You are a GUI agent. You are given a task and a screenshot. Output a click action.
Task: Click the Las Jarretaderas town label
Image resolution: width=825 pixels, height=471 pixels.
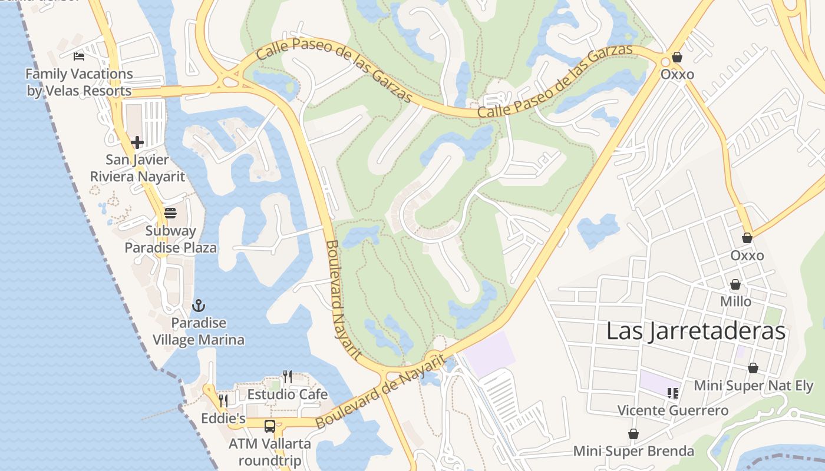[x=696, y=331]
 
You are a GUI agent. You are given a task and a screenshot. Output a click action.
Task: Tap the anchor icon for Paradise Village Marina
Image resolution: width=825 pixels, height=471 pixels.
[x=199, y=306]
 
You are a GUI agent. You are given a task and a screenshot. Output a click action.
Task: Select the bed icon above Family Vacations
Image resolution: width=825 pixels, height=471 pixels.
[x=79, y=57]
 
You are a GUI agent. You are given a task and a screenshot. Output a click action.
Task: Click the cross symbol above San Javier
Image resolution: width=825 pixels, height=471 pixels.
[x=137, y=142]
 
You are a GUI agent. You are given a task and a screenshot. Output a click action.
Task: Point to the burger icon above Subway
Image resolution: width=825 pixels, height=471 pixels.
[x=170, y=213]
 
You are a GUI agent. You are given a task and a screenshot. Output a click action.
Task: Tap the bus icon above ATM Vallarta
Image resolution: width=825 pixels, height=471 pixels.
[x=269, y=426]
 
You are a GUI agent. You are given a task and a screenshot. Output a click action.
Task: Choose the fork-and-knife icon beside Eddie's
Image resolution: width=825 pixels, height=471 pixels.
[x=223, y=401]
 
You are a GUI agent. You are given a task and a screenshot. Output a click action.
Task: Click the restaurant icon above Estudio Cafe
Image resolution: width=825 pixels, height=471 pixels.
[x=287, y=376]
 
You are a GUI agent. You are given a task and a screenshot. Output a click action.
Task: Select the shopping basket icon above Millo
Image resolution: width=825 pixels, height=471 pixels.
[x=735, y=284]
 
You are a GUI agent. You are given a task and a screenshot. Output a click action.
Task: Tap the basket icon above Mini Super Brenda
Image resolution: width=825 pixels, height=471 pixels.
[x=633, y=434]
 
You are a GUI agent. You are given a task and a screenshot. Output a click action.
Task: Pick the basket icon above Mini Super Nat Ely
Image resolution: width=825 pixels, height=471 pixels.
[x=753, y=369]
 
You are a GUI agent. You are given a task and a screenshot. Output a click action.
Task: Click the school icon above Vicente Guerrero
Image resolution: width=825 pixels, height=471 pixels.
[x=672, y=393]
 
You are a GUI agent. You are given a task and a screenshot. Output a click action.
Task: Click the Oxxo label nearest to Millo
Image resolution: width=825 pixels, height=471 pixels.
[x=747, y=256]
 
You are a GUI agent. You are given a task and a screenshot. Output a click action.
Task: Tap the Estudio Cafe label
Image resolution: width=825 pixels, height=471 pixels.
[x=287, y=394]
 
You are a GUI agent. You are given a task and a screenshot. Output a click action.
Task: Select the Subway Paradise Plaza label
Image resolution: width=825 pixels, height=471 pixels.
[x=170, y=239]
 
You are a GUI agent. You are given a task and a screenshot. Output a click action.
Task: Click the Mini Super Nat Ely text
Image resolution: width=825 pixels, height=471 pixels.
[x=753, y=386]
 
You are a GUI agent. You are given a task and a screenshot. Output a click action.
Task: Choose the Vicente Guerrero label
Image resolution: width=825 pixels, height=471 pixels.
[x=672, y=410]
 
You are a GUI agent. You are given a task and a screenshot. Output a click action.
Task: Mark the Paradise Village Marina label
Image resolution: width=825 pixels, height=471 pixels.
[x=199, y=331]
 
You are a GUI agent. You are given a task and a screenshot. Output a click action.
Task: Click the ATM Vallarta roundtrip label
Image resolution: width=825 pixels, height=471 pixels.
[x=269, y=452]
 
